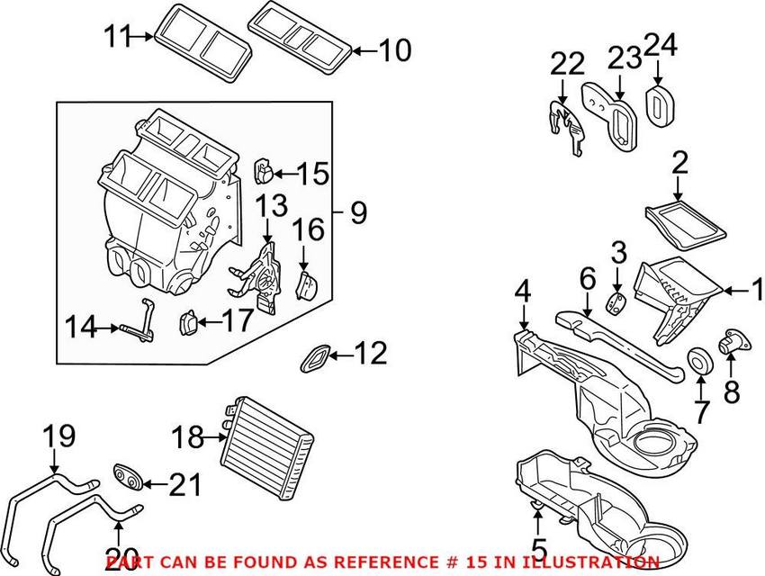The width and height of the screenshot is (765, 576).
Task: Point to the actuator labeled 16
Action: tap(307, 284)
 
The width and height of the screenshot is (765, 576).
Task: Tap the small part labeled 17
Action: tap(191, 321)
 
